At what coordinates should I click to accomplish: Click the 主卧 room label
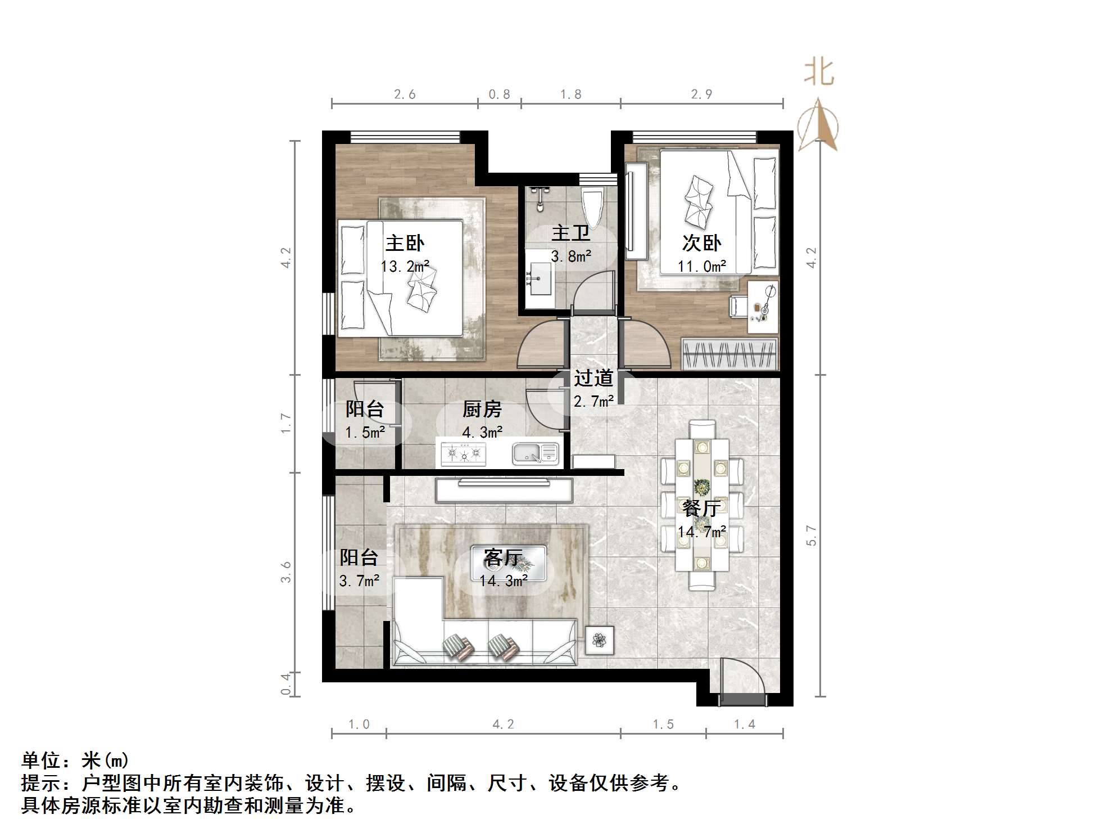(x=405, y=243)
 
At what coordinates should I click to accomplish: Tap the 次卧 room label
(x=701, y=242)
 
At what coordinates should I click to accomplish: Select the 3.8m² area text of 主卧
(x=570, y=256)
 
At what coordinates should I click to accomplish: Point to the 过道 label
(x=593, y=378)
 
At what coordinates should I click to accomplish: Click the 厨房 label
(x=482, y=409)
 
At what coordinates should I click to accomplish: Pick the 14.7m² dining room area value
(x=701, y=532)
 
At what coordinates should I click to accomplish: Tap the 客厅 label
(x=503, y=557)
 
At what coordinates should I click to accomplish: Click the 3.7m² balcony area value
(x=359, y=580)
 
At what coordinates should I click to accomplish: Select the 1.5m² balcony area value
(x=365, y=432)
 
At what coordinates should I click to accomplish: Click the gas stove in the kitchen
(x=464, y=453)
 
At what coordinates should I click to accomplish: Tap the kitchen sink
(x=536, y=453)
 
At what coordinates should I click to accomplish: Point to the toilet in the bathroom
(x=592, y=206)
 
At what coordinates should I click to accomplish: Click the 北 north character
(x=819, y=73)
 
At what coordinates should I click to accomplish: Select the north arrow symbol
(x=818, y=126)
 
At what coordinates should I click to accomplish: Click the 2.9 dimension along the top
(x=701, y=94)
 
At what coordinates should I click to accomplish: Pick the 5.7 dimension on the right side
(x=811, y=535)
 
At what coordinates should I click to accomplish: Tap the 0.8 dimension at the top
(x=499, y=94)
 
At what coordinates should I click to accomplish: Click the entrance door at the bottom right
(x=743, y=683)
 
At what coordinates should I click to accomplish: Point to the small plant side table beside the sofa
(x=600, y=640)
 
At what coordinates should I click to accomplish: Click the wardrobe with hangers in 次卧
(x=729, y=354)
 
